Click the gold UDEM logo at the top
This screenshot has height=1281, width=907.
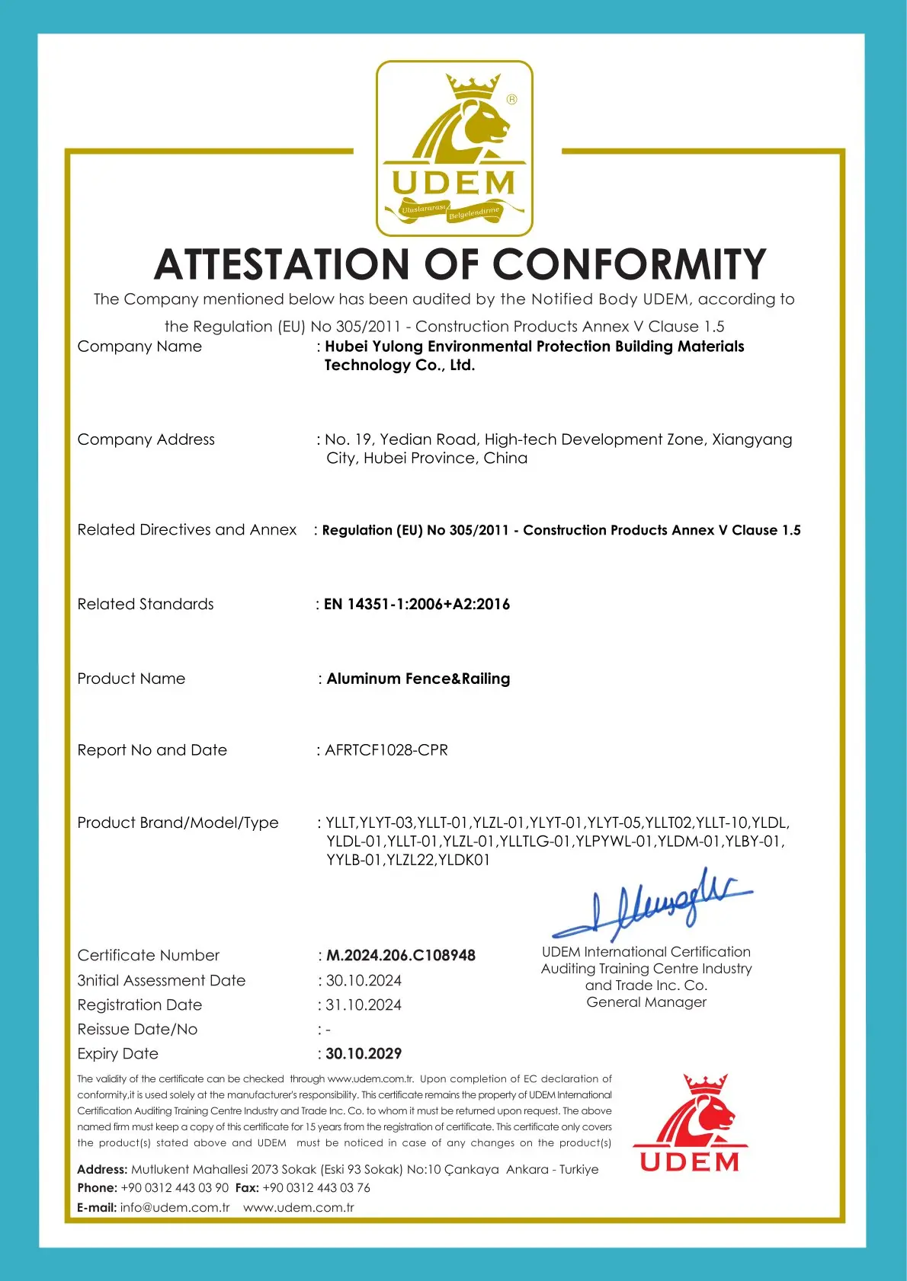(454, 149)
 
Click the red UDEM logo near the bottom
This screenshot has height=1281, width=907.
(690, 1123)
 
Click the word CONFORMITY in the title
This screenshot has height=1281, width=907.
(630, 264)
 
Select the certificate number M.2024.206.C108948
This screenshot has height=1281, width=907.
(401, 955)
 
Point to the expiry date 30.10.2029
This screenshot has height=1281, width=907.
(364, 1053)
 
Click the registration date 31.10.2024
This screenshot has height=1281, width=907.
(364, 1005)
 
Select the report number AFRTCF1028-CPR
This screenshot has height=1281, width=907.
(386, 750)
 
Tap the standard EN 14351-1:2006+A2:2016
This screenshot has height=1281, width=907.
(417, 604)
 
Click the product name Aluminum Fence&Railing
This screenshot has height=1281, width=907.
(418, 679)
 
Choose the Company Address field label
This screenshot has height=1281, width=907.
(146, 439)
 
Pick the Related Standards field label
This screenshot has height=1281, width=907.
(146, 604)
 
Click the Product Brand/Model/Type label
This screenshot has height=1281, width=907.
(178, 823)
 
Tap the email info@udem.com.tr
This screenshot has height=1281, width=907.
(175, 1207)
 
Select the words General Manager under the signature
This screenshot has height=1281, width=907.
(646, 1002)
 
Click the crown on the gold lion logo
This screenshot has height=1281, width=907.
(473, 86)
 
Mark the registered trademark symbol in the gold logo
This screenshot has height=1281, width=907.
(511, 99)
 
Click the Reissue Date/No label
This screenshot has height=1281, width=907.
(137, 1029)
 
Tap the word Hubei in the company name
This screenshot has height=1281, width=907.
(347, 347)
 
